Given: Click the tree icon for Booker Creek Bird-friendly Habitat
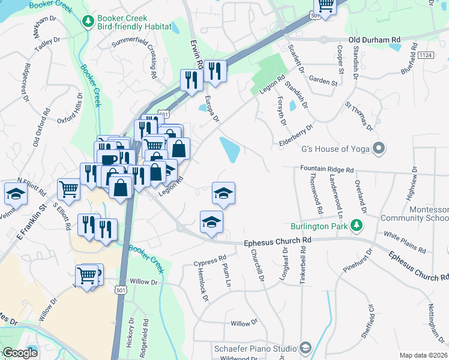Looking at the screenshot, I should [x=88, y=22].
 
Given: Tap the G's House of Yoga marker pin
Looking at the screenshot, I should [x=379, y=148].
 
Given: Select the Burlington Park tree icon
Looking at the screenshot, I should [x=358, y=226].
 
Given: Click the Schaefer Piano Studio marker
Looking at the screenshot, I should [x=306, y=348].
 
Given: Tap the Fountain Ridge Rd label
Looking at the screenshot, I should [x=327, y=170].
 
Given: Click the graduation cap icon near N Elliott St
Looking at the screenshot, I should [x=15, y=193].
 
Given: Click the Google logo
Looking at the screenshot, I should [x=19, y=353].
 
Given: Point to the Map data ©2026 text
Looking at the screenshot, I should [x=423, y=355].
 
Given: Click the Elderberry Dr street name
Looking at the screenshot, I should [x=297, y=136].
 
